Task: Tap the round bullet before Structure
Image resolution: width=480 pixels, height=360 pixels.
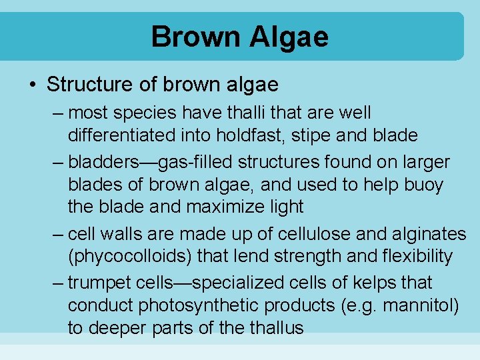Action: point(33,85)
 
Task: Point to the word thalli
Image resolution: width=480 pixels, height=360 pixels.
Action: point(253,113)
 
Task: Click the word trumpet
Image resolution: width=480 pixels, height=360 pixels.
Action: point(105,283)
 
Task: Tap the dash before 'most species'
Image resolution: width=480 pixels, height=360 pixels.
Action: point(58,113)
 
